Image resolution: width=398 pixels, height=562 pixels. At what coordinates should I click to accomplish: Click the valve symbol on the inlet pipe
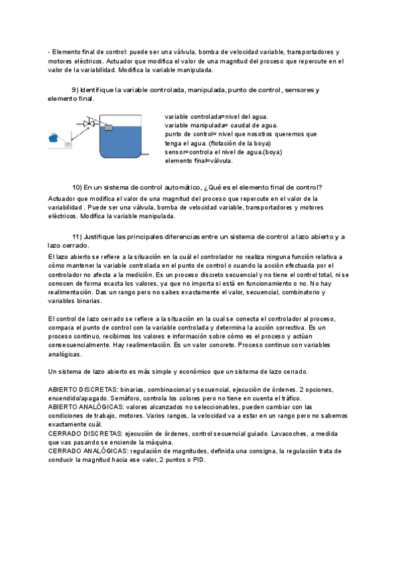tap(88, 123)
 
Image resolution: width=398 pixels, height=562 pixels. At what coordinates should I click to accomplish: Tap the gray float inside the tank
tap(109, 127)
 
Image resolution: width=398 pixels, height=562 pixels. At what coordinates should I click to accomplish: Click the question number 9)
tap(75, 89)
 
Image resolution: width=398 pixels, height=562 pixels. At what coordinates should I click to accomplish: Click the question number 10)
tap(77, 188)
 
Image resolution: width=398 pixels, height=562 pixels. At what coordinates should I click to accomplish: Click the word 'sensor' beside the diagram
tap(175, 152)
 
